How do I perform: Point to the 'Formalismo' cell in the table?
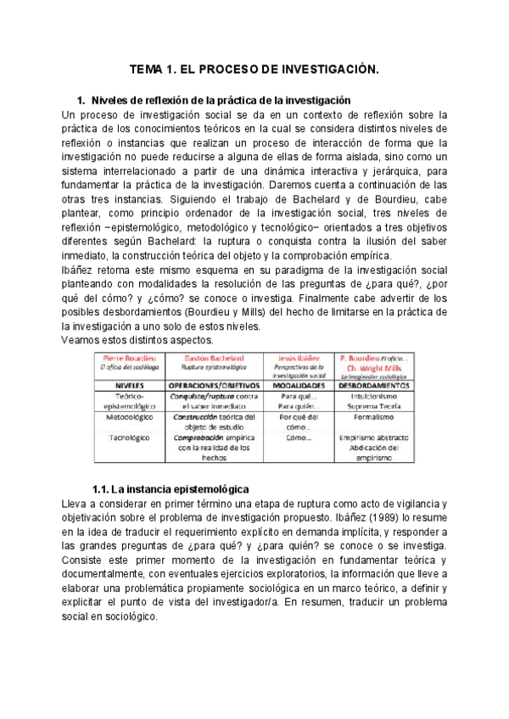coord(373,418)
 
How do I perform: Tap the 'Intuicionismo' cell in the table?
coord(373,396)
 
